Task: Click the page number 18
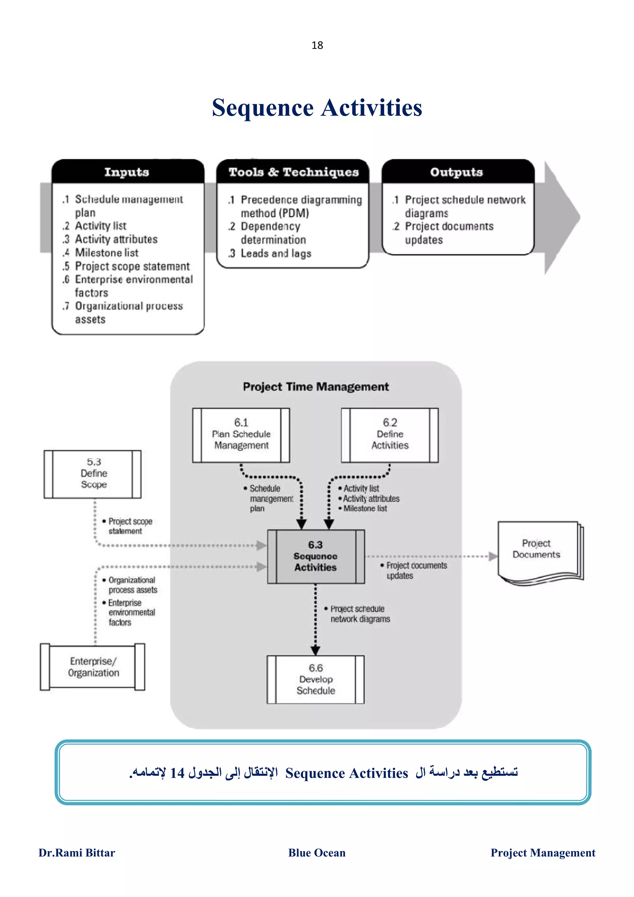click(317, 45)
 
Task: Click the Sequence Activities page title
click(317, 107)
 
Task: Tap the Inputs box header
click(127, 172)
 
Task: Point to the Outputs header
click(457, 172)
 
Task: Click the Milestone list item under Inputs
click(106, 253)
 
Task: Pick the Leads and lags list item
click(276, 253)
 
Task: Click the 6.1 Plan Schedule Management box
click(241, 435)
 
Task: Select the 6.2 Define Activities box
click(389, 435)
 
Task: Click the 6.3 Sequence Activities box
click(316, 556)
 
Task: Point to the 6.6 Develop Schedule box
click(316, 679)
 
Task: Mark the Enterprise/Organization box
click(93, 667)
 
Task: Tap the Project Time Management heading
click(316, 387)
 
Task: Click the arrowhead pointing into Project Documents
click(493, 556)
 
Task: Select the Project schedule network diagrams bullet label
click(359, 614)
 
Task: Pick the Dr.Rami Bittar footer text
click(76, 852)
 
